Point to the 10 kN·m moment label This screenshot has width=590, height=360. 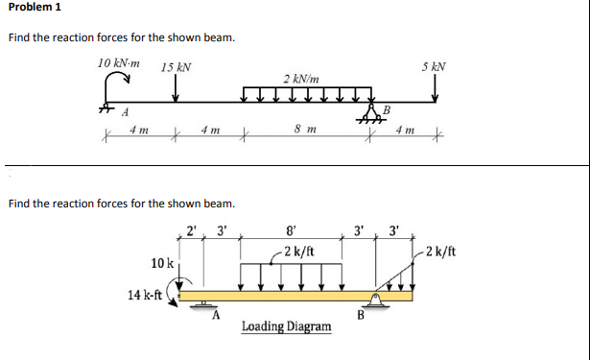click(x=118, y=62)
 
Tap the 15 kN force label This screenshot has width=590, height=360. click(x=176, y=67)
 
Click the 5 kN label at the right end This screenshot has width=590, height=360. click(x=434, y=67)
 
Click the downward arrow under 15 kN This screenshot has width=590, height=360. click(x=176, y=89)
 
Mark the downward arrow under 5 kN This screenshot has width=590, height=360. click(x=435, y=89)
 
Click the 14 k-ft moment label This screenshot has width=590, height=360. click(x=146, y=293)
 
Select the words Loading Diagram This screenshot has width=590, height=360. click(x=286, y=327)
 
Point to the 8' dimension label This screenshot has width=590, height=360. click(x=292, y=230)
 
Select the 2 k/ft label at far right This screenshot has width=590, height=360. click(x=441, y=252)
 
